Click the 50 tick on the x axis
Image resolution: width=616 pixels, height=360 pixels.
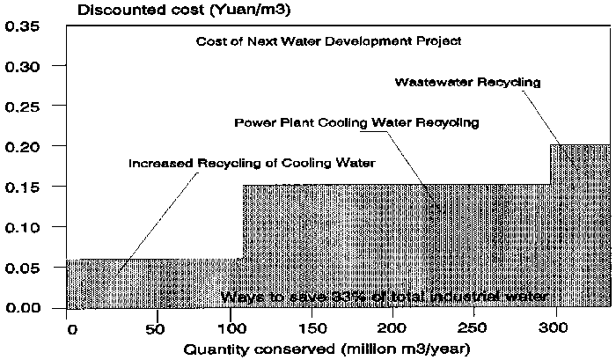(x=157, y=328)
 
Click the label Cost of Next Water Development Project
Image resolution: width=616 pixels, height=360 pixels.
(x=329, y=41)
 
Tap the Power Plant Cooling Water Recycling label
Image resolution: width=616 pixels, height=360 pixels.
(x=356, y=122)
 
